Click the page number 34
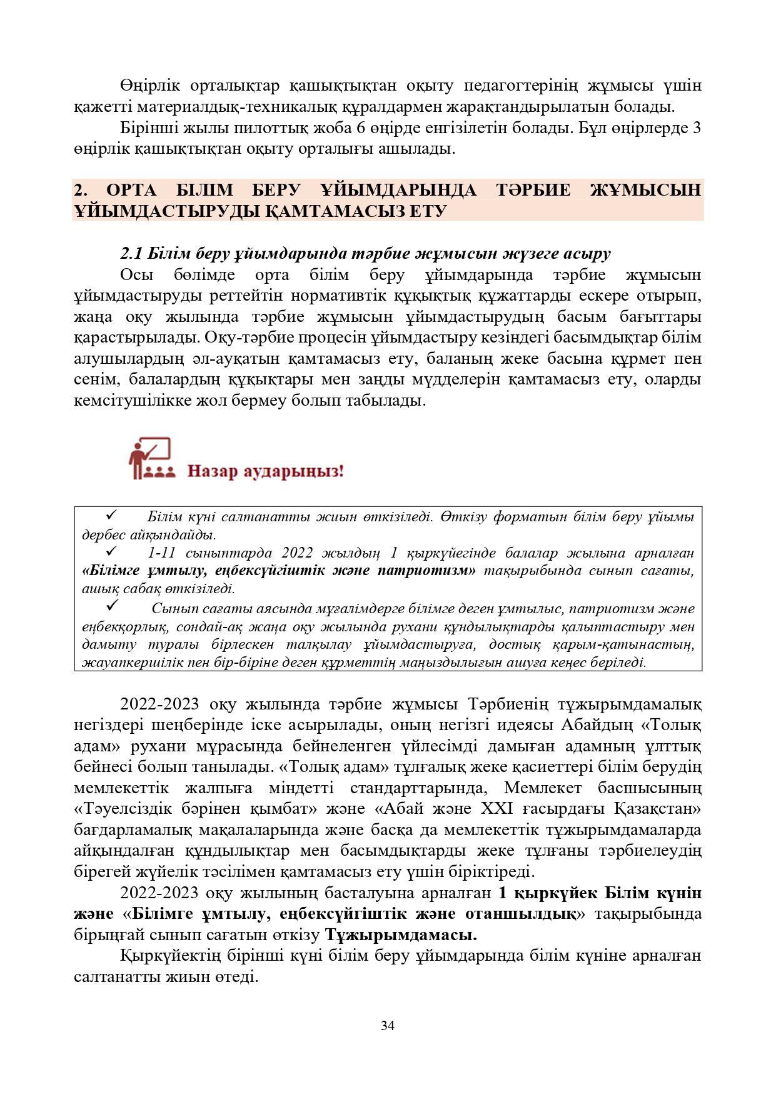388,1026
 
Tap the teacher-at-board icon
150,459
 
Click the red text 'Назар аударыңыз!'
266,471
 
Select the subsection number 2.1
132,254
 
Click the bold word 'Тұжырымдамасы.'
401,935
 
